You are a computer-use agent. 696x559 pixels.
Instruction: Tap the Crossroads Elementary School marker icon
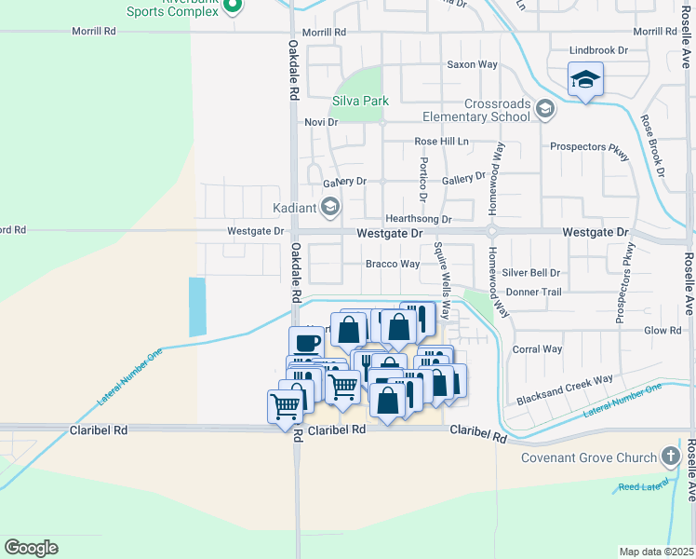pos(545,111)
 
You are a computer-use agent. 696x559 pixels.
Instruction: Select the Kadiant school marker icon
pos(329,206)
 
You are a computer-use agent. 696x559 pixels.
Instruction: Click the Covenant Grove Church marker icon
pos(670,457)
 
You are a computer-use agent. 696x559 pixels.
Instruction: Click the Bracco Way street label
pos(391,265)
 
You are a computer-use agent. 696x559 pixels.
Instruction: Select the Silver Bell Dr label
pos(531,273)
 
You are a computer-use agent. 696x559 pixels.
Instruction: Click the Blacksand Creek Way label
pos(565,379)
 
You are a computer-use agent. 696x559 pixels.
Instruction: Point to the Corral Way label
pos(538,349)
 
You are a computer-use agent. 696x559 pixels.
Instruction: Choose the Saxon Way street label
pos(473,64)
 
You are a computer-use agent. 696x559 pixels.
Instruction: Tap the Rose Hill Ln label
pos(442,142)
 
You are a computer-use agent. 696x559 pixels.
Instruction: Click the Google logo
pos(31,548)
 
